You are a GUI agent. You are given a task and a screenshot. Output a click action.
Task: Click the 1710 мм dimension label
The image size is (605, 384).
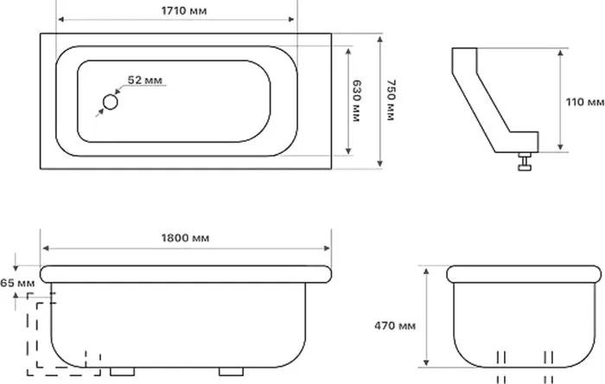[184, 10]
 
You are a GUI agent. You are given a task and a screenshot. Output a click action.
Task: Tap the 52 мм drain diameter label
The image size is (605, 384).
[145, 80]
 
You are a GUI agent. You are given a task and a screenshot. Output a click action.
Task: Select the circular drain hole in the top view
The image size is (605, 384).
[111, 102]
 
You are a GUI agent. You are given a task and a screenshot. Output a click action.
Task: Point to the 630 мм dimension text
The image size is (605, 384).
[356, 100]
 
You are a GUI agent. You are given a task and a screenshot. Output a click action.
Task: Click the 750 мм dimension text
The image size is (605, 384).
[391, 100]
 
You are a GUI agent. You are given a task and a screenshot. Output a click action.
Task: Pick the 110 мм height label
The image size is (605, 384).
[585, 102]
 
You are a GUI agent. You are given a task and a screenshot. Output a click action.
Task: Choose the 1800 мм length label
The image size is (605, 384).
[186, 238]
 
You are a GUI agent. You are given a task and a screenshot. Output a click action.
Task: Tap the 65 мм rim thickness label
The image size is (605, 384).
[17, 283]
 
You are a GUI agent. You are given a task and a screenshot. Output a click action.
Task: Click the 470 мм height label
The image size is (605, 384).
[395, 326]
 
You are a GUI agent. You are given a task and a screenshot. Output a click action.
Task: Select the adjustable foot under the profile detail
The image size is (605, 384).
[525, 162]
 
